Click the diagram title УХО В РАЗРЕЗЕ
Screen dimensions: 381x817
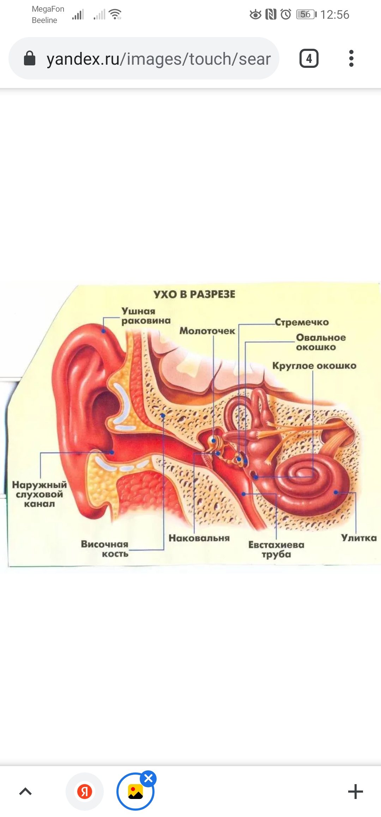coord(194,294)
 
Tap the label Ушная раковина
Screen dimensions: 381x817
coord(146,316)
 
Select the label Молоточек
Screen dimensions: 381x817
coord(207,331)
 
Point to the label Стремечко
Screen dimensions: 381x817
coord(302,322)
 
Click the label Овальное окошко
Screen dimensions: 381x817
coord(321,342)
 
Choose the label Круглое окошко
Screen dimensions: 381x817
coord(314,365)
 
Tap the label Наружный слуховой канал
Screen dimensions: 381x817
coord(39,494)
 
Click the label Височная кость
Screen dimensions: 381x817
coord(104,549)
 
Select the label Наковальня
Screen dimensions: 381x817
coord(199,538)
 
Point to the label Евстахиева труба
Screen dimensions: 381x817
coord(276,549)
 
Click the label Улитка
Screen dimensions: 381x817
coord(358,538)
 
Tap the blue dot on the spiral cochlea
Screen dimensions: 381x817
coord(336,492)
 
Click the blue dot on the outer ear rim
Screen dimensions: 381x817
coord(103,331)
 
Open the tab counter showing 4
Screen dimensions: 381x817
coord(309,58)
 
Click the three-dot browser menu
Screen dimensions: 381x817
coord(351,58)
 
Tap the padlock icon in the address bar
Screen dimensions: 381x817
coord(30,58)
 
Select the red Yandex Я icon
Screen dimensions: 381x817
coord(85,792)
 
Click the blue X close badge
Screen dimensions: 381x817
coord(148,778)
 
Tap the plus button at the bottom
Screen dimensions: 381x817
coord(356,792)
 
